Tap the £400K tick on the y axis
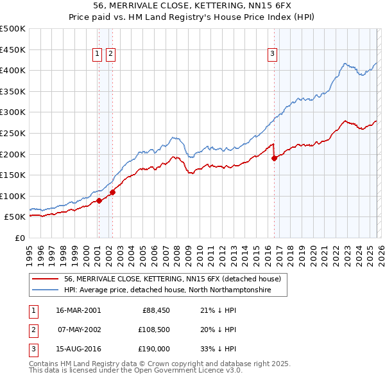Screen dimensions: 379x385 coord(13,71)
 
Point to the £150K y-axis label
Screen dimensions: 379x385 coord(13,175)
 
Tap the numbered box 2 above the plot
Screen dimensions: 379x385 coord(110,55)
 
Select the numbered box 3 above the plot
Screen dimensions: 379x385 coord(273,55)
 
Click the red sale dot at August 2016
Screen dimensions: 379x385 coord(275,158)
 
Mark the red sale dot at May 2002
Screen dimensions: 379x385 coord(112,191)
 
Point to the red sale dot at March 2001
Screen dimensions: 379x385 coord(99,200)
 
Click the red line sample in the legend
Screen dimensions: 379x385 coord(45,279)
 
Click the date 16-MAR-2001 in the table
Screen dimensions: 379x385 coord(78,310)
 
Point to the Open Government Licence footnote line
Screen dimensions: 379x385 coord(135,371)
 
